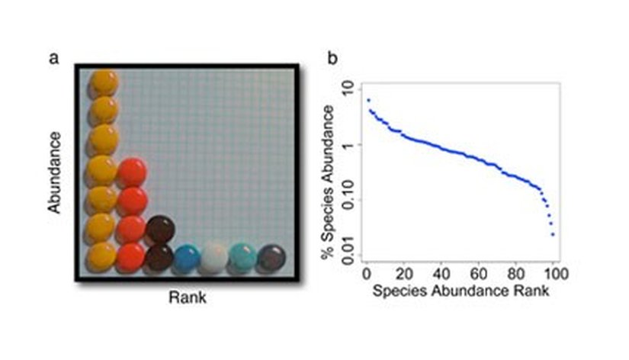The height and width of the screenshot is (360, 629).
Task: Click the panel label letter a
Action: [54, 57]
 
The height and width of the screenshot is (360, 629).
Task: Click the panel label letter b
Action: [333, 57]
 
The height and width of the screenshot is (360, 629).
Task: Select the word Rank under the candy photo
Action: [187, 298]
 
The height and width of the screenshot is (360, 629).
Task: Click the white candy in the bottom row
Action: [214, 257]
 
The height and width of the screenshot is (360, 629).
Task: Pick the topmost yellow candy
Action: [104, 82]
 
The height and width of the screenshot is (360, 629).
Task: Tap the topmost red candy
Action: [132, 172]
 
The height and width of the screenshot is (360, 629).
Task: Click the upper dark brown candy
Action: [160, 228]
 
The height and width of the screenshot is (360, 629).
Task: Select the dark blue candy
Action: [187, 258]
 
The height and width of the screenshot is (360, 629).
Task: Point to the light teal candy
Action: [243, 257]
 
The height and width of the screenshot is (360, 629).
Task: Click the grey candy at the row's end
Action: [271, 258]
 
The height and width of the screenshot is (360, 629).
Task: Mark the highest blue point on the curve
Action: [368, 100]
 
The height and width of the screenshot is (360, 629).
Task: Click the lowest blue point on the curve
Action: [552, 234]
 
